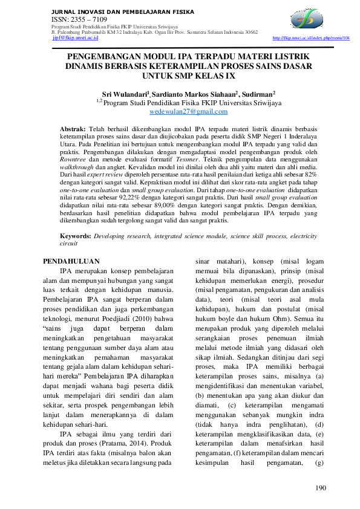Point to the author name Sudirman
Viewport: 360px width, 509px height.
(x=257, y=94)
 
